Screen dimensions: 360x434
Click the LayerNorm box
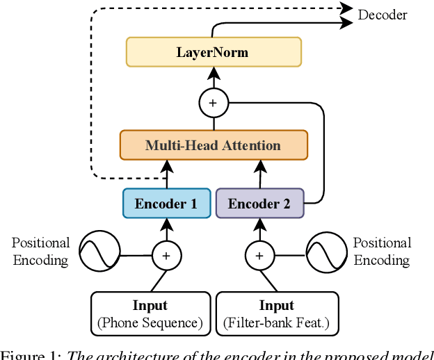214,52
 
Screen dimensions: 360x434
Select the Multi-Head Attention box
214,145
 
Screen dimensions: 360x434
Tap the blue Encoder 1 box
166,204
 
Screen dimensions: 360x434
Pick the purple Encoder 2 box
259,204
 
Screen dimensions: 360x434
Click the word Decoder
383,15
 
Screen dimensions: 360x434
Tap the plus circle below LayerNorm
214,104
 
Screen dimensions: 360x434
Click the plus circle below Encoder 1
166,256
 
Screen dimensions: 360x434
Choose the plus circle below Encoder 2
259,256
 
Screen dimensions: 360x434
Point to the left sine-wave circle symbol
98,252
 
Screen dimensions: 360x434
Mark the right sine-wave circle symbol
326,252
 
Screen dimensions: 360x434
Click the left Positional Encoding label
40,252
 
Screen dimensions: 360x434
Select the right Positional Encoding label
382,252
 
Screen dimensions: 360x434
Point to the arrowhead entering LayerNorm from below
214,72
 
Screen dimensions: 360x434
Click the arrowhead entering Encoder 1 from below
166,223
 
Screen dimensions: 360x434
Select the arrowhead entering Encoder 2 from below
259,223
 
